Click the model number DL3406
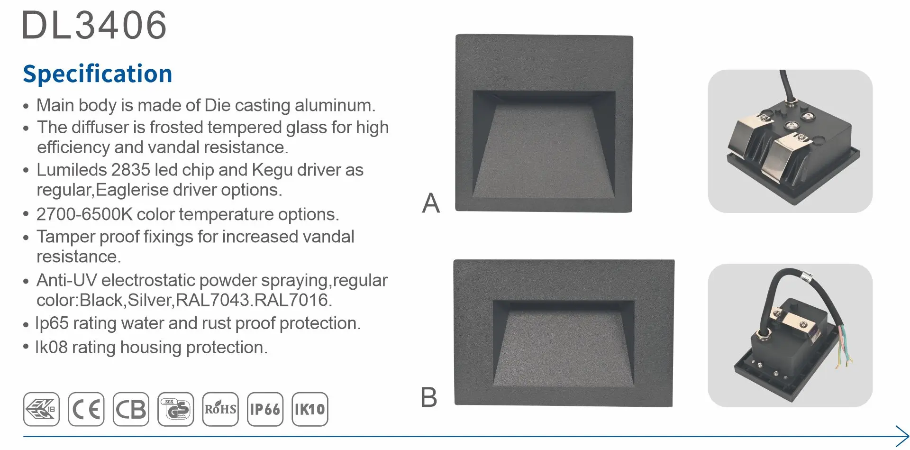[x=94, y=25]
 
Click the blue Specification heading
[x=98, y=74]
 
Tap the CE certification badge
[x=86, y=409]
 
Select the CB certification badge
[x=131, y=409]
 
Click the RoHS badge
[x=220, y=409]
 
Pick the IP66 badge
[x=265, y=409]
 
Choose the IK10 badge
[x=310, y=409]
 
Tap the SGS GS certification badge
[x=176, y=409]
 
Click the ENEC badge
[x=41, y=409]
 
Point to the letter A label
[x=431, y=203]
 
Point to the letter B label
[x=429, y=397]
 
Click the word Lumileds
[x=72, y=170]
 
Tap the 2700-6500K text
[x=85, y=214]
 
